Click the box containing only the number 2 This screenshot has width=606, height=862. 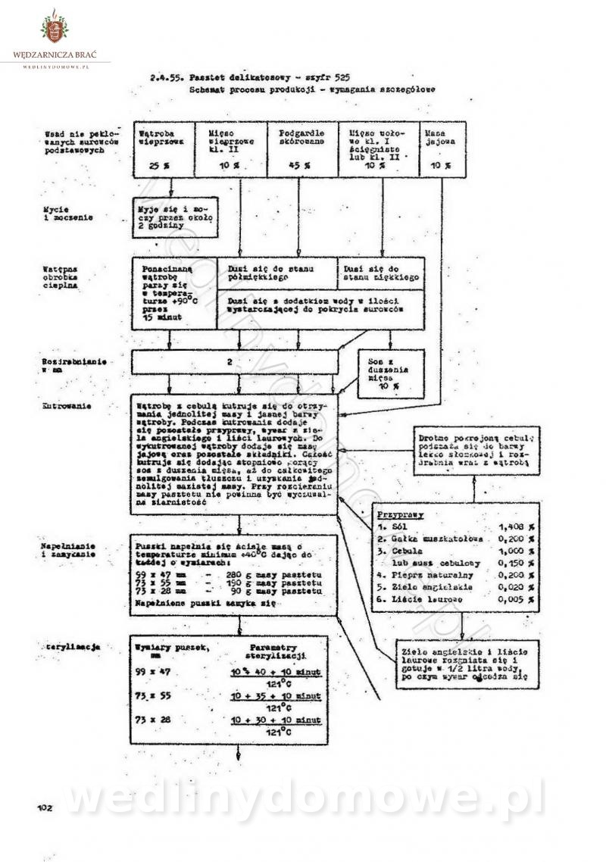point(229,363)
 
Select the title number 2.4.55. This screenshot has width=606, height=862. point(167,77)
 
